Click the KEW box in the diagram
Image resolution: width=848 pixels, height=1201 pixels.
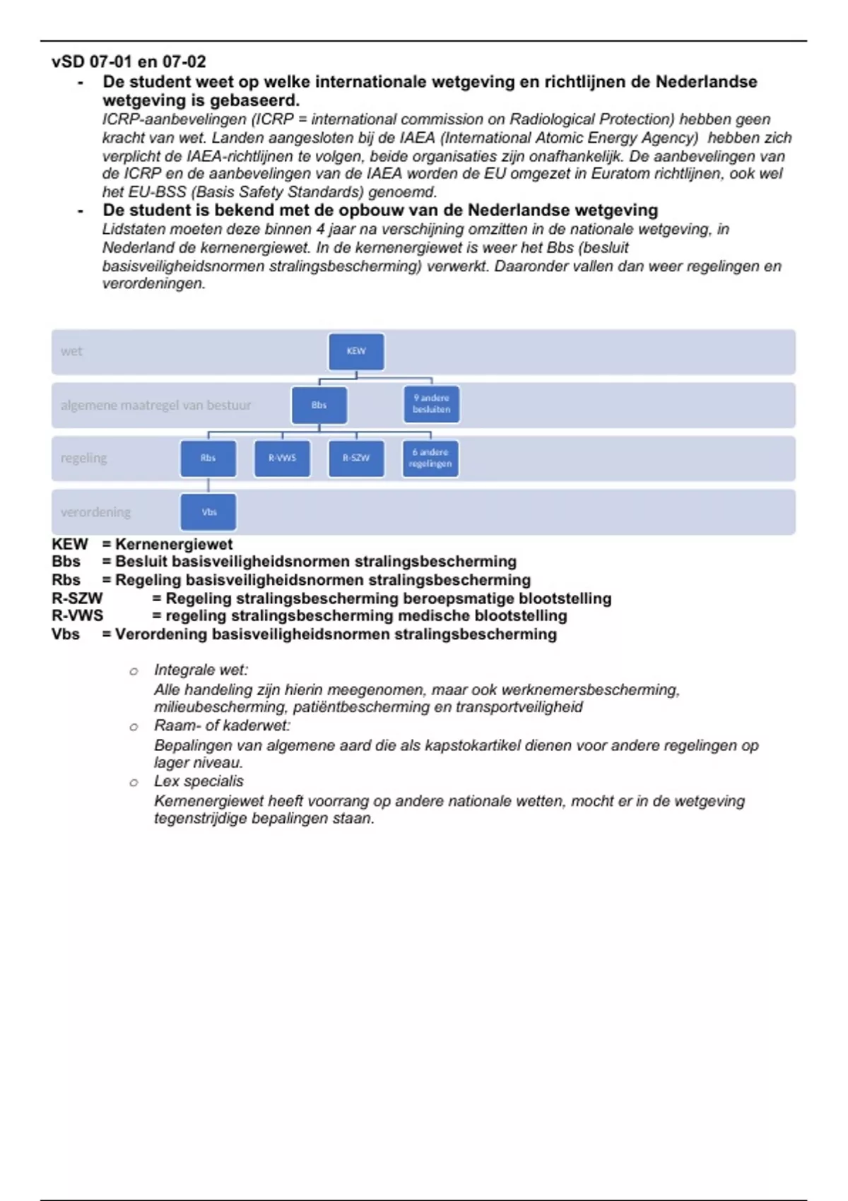356,352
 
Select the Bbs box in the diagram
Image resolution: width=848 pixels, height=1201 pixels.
319,406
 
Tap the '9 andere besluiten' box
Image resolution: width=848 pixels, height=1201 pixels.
431,404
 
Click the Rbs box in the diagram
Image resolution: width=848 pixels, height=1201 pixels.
208,458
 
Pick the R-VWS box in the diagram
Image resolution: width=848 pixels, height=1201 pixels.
282,458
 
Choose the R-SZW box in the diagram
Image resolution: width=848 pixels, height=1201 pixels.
356,458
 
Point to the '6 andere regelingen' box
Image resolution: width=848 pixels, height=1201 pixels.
430,458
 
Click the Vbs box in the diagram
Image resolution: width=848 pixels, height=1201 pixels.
208,512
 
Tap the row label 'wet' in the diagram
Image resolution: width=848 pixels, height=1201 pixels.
71,351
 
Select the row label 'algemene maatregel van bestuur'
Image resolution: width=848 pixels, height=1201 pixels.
155,406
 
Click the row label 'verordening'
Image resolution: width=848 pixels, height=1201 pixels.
95,512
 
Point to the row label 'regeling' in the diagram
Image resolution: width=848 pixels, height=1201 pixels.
83,458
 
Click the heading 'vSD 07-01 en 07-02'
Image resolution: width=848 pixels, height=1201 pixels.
129,62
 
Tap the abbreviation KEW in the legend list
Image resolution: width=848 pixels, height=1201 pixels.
69,545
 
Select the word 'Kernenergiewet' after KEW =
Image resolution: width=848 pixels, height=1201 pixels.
174,545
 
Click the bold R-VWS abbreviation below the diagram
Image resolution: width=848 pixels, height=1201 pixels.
77,616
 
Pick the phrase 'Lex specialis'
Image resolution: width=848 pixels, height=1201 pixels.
199,781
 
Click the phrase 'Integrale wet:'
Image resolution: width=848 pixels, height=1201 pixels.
201,670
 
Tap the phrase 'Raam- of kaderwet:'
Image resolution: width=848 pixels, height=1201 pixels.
222,726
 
